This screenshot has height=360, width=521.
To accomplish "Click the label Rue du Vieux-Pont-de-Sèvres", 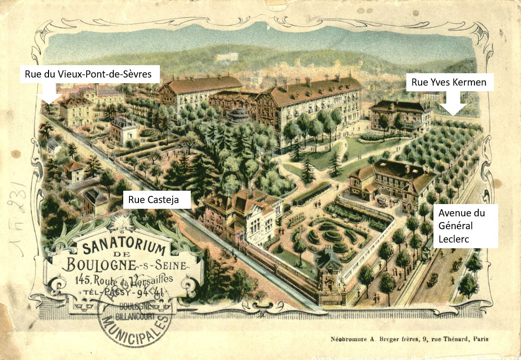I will [x=89, y=74].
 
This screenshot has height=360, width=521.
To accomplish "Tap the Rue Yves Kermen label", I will [x=449, y=82].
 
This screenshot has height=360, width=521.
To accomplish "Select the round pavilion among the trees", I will [x=238, y=116].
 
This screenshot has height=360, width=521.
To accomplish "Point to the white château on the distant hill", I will [x=226, y=57].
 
